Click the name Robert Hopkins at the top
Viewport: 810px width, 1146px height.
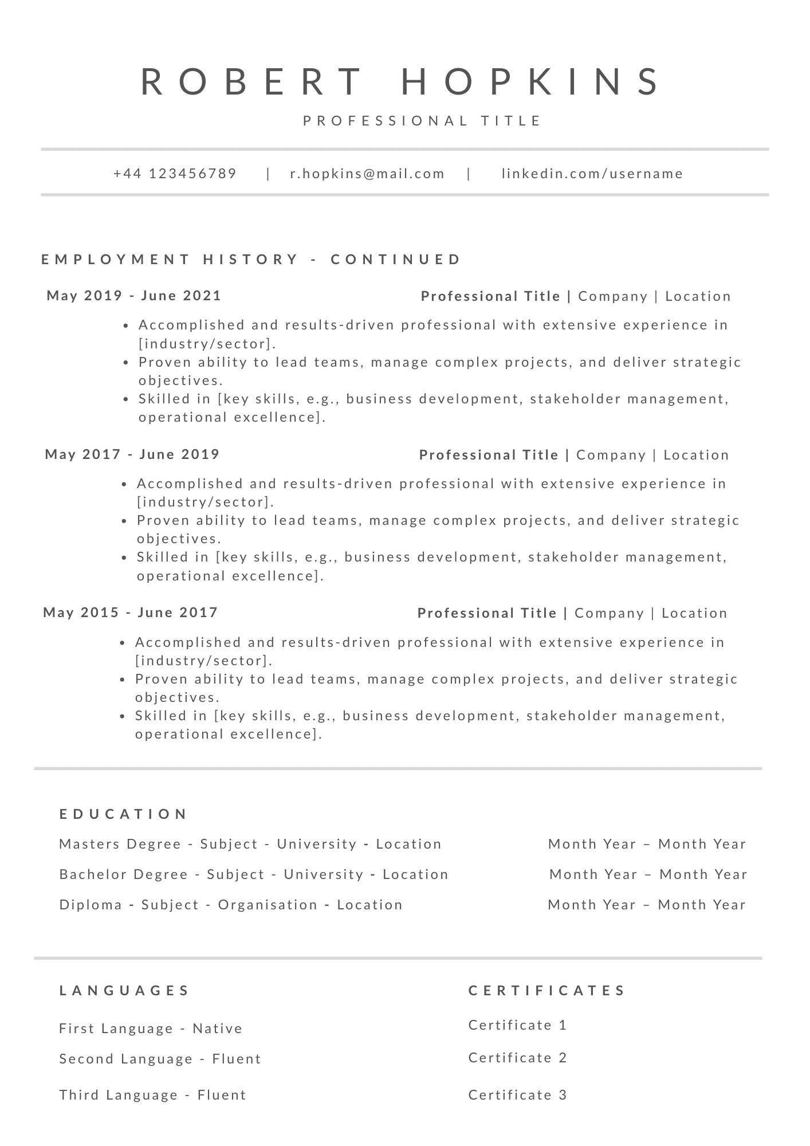pyautogui.click(x=401, y=81)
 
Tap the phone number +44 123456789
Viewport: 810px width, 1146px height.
pyautogui.click(x=175, y=174)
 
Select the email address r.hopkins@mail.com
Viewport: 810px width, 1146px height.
pyautogui.click(x=367, y=174)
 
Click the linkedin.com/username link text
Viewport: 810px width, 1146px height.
pyautogui.click(x=592, y=174)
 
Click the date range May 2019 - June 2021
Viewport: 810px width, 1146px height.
pyautogui.click(x=134, y=296)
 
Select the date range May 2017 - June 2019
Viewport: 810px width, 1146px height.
pyautogui.click(x=132, y=454)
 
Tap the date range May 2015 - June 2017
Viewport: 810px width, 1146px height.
pyautogui.click(x=131, y=613)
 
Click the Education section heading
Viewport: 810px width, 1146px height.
pyautogui.click(x=124, y=814)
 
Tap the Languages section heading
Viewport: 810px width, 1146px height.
pyautogui.click(x=124, y=991)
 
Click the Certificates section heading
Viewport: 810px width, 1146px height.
pyautogui.click(x=547, y=991)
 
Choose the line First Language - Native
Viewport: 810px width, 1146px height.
pyautogui.click(x=151, y=1029)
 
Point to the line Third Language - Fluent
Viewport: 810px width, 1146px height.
pyautogui.click(x=152, y=1095)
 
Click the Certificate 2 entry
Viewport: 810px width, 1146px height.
pyautogui.click(x=517, y=1058)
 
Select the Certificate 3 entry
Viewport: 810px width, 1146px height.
pyautogui.click(x=517, y=1095)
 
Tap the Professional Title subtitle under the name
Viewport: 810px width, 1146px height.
pyautogui.click(x=422, y=121)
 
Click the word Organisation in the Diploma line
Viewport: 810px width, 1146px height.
pyautogui.click(x=268, y=905)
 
